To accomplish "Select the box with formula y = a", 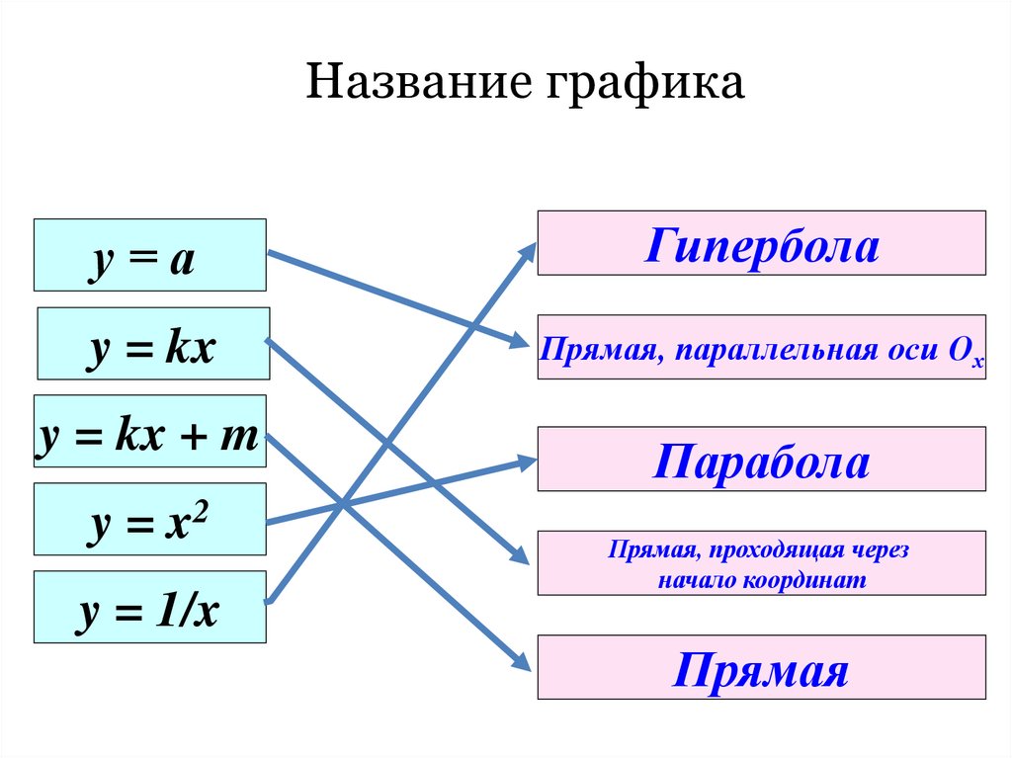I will pos(149,255).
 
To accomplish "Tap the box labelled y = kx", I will pos(153,344).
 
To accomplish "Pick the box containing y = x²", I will pos(149,519).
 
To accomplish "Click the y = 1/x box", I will pos(149,607).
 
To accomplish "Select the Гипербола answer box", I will pos(761,243).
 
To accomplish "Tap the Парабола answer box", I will pos(761,460).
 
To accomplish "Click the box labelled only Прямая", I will pos(761,668).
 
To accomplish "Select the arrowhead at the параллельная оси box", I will pos(523,343).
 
